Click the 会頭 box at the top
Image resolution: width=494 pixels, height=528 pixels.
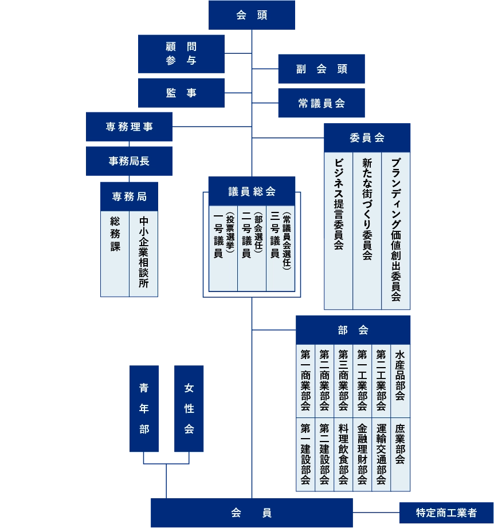[252, 15]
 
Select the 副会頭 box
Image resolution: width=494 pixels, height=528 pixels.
[322, 69]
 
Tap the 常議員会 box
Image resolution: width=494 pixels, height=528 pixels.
[322, 103]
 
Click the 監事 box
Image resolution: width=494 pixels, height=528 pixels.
[181, 93]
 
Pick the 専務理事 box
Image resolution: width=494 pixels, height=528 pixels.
[130, 127]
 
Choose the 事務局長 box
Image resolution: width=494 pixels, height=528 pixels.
[130, 161]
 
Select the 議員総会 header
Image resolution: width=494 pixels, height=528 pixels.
[252, 191]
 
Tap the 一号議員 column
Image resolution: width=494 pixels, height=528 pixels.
[222, 247]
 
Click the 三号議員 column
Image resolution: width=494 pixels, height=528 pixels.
[281, 247]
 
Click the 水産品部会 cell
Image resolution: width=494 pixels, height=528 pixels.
[401, 381]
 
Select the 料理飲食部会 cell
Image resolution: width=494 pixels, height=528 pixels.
[343, 454]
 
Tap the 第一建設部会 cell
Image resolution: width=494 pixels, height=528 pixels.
[305, 454]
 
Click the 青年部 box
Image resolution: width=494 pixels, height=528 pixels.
[144, 408]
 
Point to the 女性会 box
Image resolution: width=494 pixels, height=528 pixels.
[189, 408]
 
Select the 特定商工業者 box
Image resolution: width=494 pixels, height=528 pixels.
[446, 513]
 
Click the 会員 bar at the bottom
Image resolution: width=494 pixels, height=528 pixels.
[252, 513]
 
